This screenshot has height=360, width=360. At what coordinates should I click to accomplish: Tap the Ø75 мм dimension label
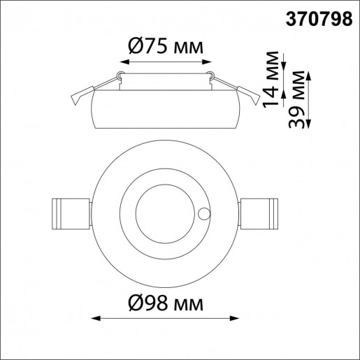click(x=166, y=48)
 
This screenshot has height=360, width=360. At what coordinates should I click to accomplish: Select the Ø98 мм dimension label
click(x=166, y=304)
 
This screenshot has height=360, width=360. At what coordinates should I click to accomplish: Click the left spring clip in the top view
click(x=71, y=213)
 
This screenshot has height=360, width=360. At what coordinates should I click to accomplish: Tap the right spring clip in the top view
click(x=260, y=213)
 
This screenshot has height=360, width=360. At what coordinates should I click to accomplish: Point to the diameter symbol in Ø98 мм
click(x=136, y=304)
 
